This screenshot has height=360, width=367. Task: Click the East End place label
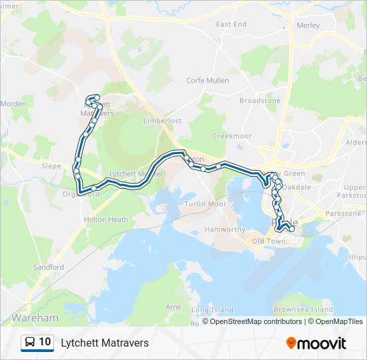click(x=232, y=24)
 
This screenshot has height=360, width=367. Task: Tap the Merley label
click(x=308, y=25)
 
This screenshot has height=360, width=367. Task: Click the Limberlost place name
click(x=163, y=121)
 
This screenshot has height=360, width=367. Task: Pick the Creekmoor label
click(x=232, y=135)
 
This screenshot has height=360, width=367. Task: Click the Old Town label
click(x=268, y=241)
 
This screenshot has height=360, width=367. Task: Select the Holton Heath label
click(x=105, y=219)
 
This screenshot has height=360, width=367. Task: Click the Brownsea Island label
click(x=304, y=310)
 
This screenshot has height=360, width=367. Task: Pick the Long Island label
click(x=212, y=310)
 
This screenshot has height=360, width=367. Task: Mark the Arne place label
click(x=173, y=307)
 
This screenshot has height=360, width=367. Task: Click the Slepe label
click(x=51, y=166)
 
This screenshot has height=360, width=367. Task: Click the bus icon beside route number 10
click(x=31, y=343)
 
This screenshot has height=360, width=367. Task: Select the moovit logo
click(x=316, y=343)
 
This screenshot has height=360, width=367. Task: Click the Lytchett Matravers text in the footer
click(x=105, y=343)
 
